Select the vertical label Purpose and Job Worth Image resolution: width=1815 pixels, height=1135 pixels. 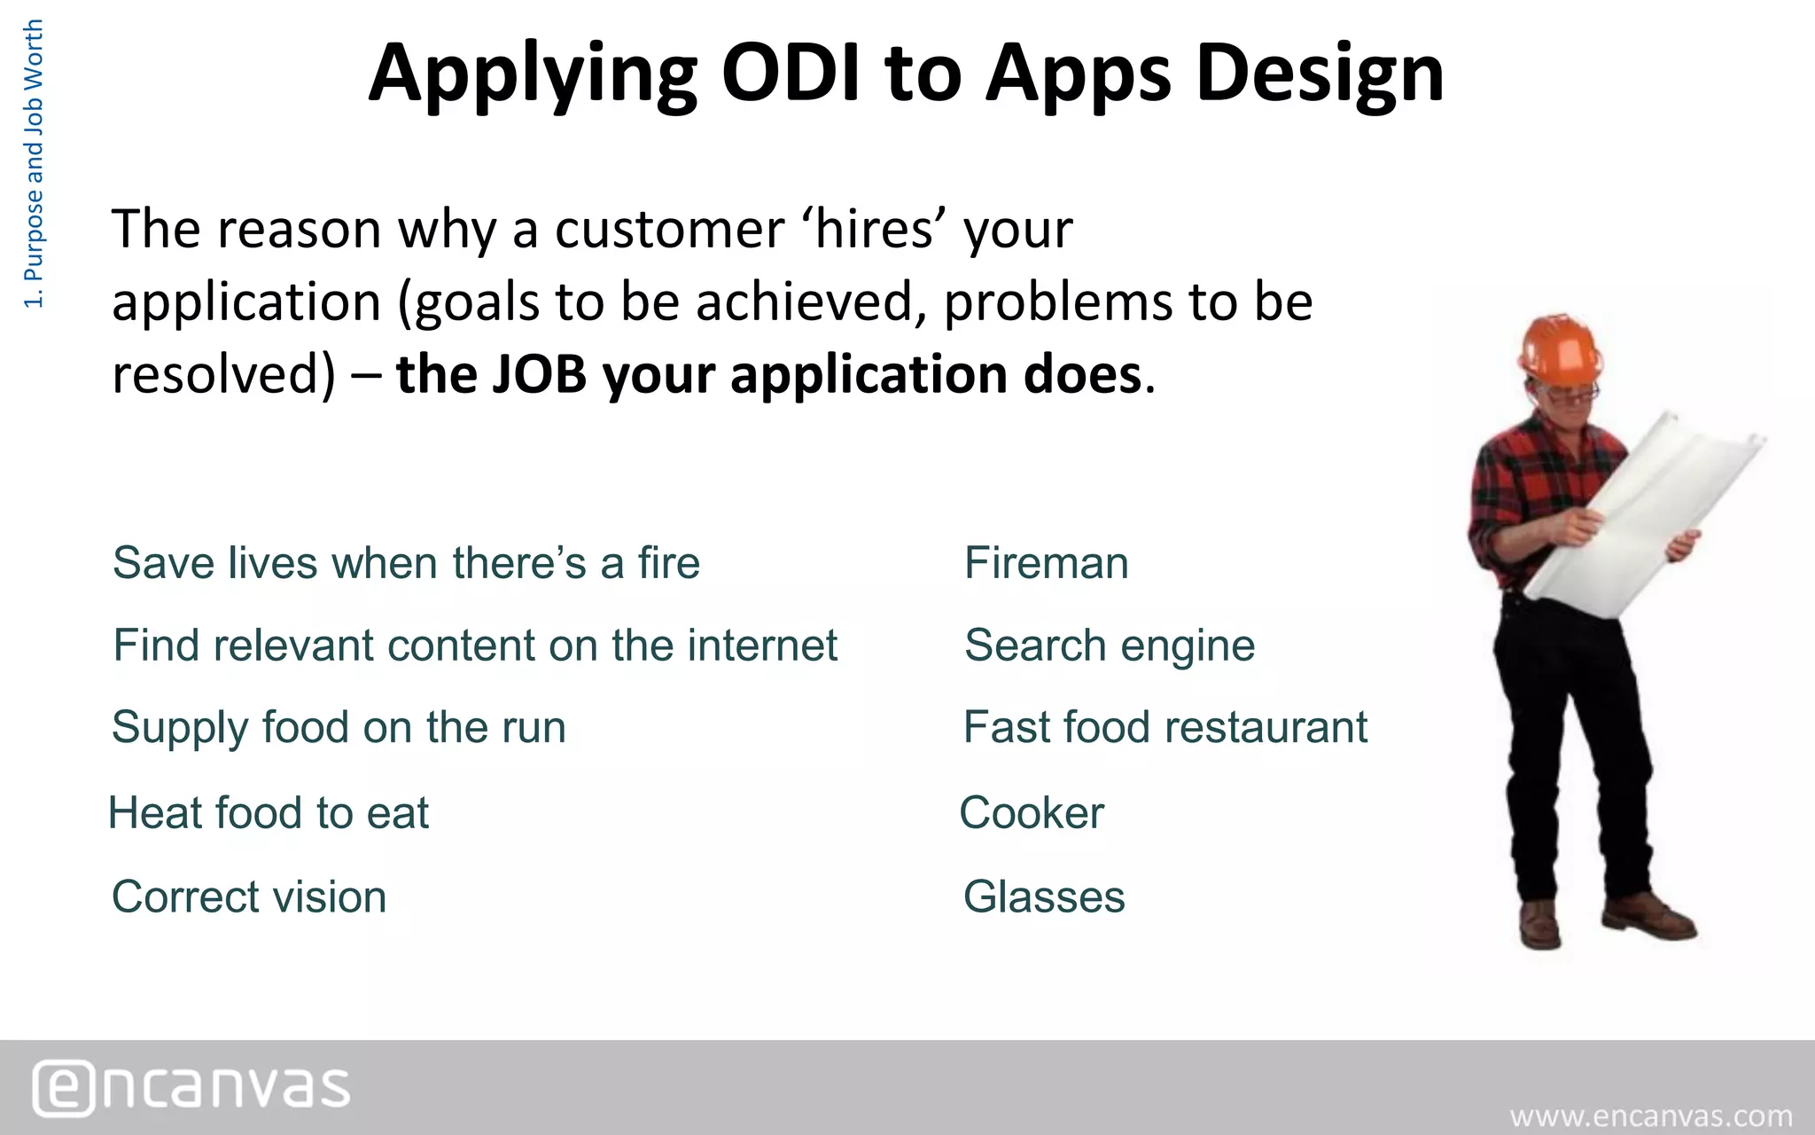coord(33,164)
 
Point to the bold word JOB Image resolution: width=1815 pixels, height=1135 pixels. coord(539,374)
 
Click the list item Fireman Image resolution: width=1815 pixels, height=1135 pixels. coord(1046,563)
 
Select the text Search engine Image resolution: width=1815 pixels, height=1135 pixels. coord(1109,646)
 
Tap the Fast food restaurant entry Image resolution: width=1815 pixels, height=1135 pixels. coord(1165,727)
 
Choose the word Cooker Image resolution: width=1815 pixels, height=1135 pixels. coord(1032,813)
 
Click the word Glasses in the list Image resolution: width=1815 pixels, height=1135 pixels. coord(1043,896)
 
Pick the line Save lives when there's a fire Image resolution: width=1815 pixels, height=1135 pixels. coord(406,563)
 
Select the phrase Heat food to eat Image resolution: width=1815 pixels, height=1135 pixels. coord(269,813)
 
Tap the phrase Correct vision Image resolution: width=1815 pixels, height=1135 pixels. coord(249,896)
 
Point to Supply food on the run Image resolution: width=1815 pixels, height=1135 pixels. coord(339,727)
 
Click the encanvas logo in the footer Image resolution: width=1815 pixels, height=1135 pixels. coord(191,1087)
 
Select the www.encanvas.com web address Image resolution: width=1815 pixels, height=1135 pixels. coord(1650,1115)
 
